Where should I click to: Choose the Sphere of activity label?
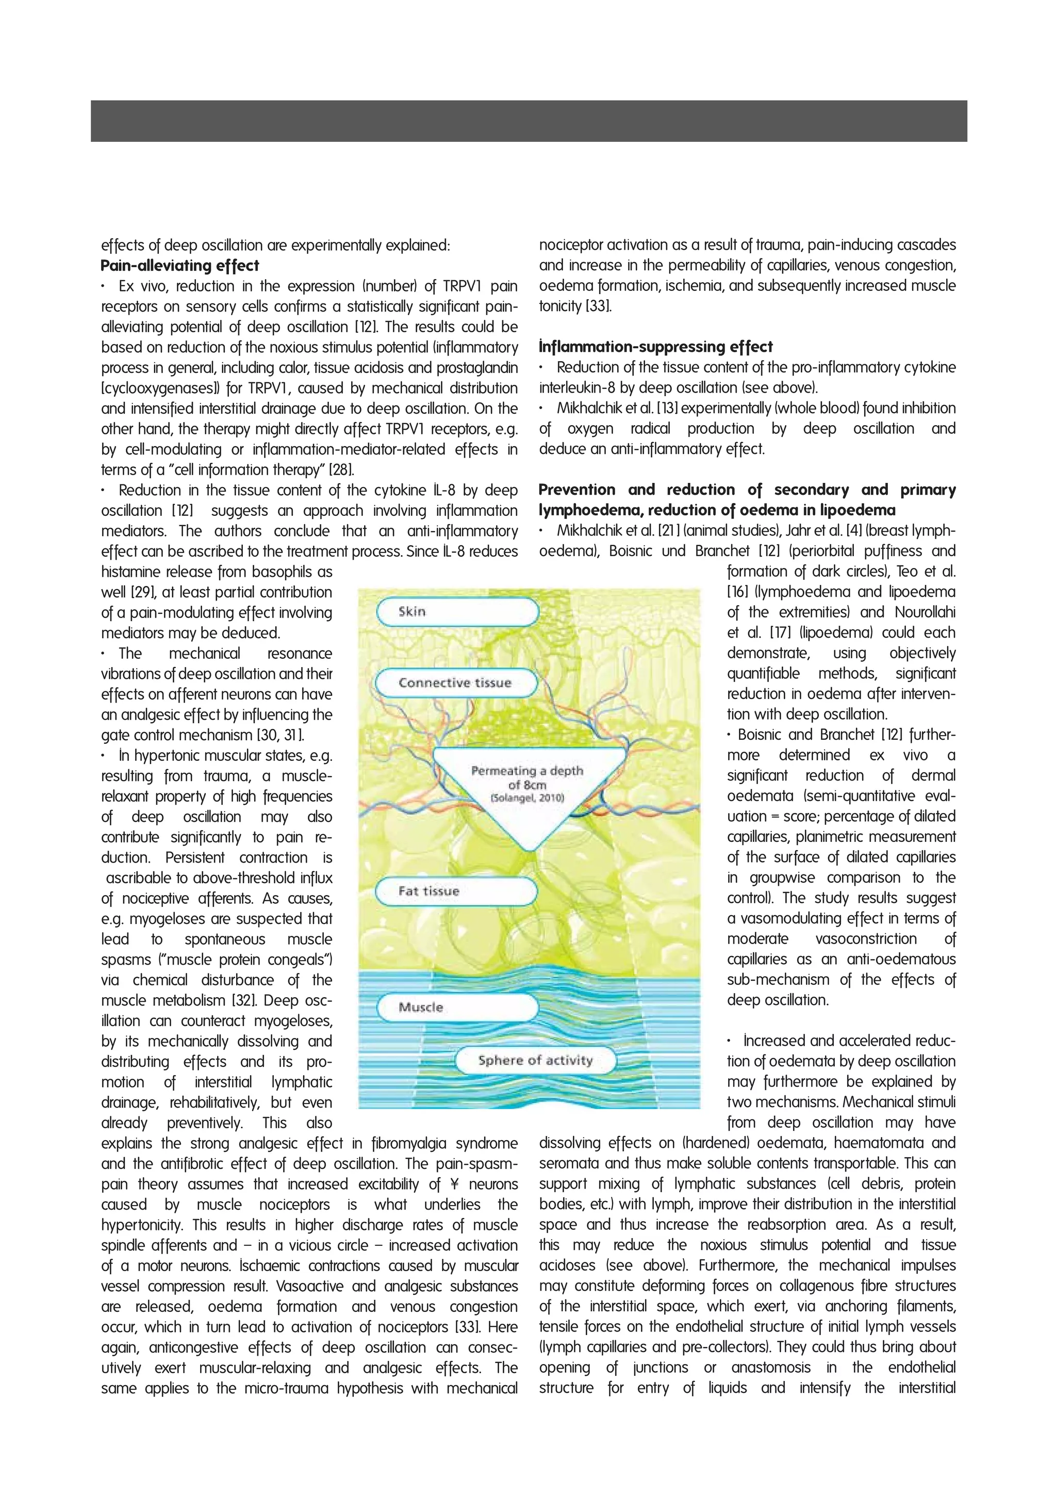click(x=535, y=1061)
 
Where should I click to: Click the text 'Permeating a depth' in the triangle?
click(x=527, y=771)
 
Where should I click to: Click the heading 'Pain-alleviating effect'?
click(x=179, y=266)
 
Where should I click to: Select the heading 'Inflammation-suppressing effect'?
click(x=655, y=347)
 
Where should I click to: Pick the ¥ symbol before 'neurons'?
click(x=453, y=1184)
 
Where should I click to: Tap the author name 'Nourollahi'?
click(x=925, y=612)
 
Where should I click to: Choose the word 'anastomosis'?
click(x=770, y=1367)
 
